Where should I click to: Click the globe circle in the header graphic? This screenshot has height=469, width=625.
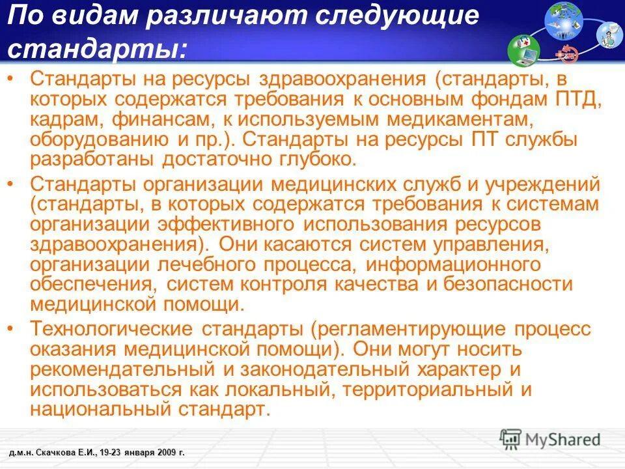(x=563, y=19)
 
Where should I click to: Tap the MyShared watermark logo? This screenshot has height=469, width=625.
(x=550, y=439)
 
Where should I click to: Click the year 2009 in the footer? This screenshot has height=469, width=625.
(x=165, y=451)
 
